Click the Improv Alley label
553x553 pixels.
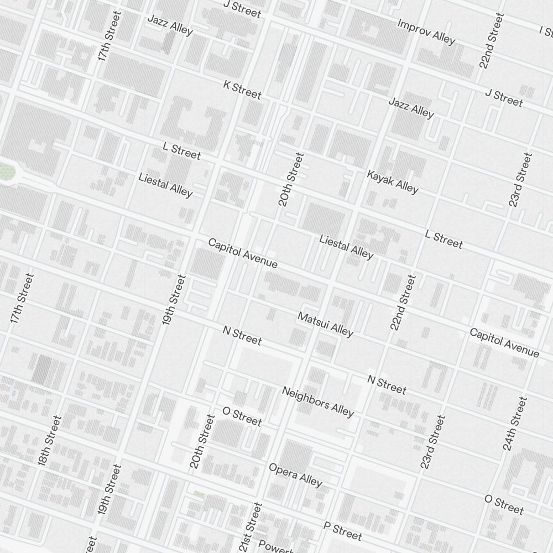(426, 32)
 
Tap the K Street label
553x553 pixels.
(242, 89)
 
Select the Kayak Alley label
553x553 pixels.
(393, 182)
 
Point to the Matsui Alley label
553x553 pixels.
(325, 324)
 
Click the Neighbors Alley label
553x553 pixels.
(317, 401)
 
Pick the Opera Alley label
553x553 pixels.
(295, 475)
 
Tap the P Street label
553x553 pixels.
(343, 531)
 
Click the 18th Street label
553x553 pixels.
(50, 439)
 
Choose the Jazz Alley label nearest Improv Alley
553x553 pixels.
(411, 107)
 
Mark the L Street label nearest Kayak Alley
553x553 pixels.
(444, 239)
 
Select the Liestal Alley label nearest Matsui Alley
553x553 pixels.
(346, 247)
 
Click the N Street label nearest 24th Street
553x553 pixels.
(387, 384)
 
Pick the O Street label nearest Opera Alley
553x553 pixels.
(242, 416)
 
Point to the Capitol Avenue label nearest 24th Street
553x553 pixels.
(504, 342)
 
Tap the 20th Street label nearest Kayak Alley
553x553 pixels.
(291, 179)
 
